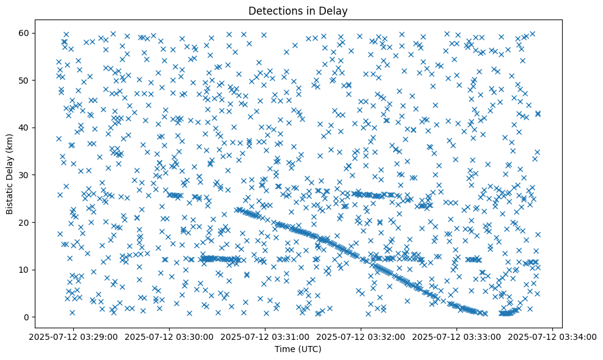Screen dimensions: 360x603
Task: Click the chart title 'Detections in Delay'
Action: coord(298,10)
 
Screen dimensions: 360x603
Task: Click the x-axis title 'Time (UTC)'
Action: coord(298,349)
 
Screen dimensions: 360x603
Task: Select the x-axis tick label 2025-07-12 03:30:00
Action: coord(170,336)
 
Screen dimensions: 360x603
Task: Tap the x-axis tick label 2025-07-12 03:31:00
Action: coord(265,336)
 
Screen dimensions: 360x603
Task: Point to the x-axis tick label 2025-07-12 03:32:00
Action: coord(361,336)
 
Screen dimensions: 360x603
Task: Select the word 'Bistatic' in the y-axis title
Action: coord(10,198)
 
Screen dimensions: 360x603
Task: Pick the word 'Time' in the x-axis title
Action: coord(285,349)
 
